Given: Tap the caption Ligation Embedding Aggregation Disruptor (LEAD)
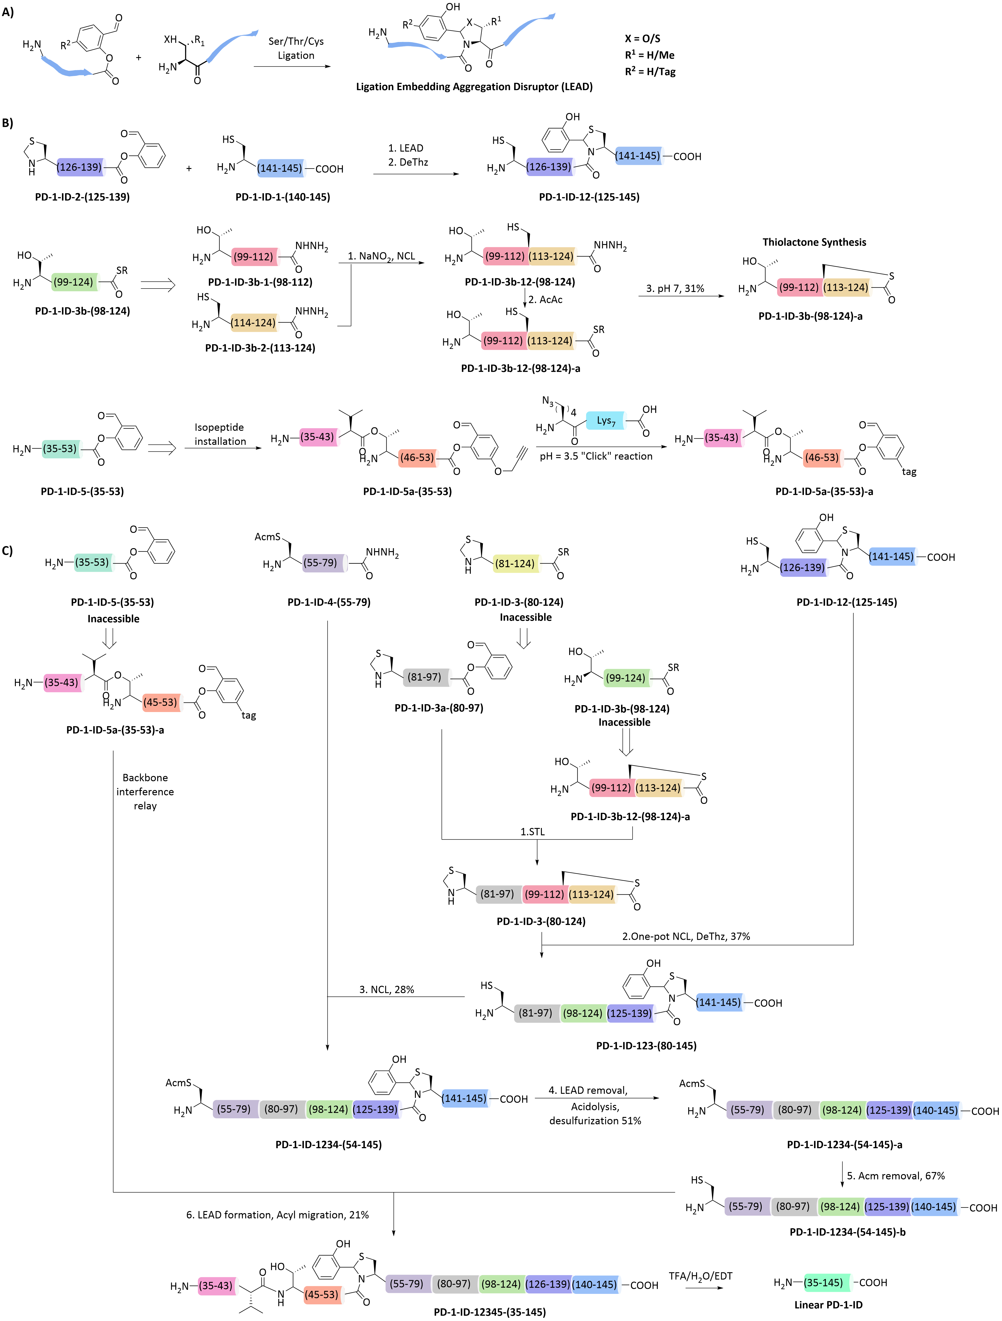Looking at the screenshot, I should [474, 87].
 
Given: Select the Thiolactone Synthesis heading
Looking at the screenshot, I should [814, 242].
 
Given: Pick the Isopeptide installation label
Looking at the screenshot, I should [220, 434].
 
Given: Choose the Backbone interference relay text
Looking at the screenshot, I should [145, 791].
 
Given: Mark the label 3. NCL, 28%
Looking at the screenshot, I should [386, 990].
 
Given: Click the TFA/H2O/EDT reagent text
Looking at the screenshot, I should [700, 1276].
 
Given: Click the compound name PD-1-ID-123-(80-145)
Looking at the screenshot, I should [646, 1046].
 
